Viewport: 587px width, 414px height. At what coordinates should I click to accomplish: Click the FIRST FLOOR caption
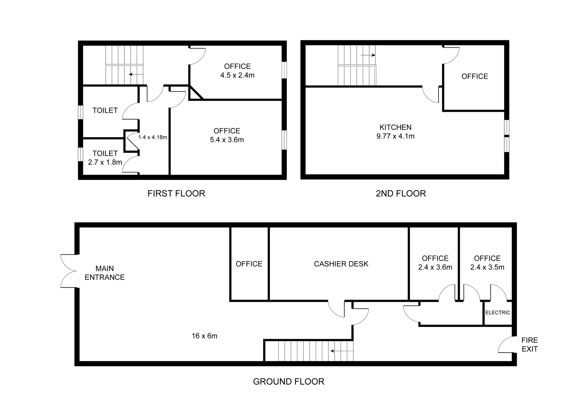[x=176, y=193]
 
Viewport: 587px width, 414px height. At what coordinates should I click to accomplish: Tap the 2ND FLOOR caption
[x=401, y=193]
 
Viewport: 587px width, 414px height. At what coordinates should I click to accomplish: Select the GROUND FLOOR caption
[x=289, y=382]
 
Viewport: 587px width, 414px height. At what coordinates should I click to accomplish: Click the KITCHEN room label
[x=395, y=127]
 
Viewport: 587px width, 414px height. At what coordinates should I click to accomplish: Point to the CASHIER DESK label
[x=341, y=264]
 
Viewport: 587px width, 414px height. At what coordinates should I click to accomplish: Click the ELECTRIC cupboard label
[x=497, y=313]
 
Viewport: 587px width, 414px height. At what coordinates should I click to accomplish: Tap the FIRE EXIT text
[x=529, y=345]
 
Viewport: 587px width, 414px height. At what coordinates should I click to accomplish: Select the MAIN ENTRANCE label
[x=105, y=273]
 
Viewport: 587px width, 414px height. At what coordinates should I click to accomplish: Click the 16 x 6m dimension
[x=205, y=336]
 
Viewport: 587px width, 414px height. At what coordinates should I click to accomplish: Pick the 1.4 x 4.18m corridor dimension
[x=153, y=137]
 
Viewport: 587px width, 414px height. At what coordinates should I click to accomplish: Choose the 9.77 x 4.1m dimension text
[x=395, y=136]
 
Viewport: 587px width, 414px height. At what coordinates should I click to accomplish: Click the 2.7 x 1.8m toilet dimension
[x=105, y=162]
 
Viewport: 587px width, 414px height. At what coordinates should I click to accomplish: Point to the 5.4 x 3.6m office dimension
[x=227, y=140]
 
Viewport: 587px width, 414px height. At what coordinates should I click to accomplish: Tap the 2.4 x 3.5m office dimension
[x=487, y=267]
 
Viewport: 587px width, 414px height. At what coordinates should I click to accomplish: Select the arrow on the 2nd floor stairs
[x=368, y=55]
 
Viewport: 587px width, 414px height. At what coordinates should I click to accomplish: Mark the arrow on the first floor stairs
[x=136, y=75]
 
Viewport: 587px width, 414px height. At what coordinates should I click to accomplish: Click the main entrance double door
[x=69, y=271]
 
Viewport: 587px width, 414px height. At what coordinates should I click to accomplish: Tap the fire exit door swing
[x=505, y=344]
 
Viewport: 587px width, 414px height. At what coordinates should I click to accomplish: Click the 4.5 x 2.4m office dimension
[x=237, y=75]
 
